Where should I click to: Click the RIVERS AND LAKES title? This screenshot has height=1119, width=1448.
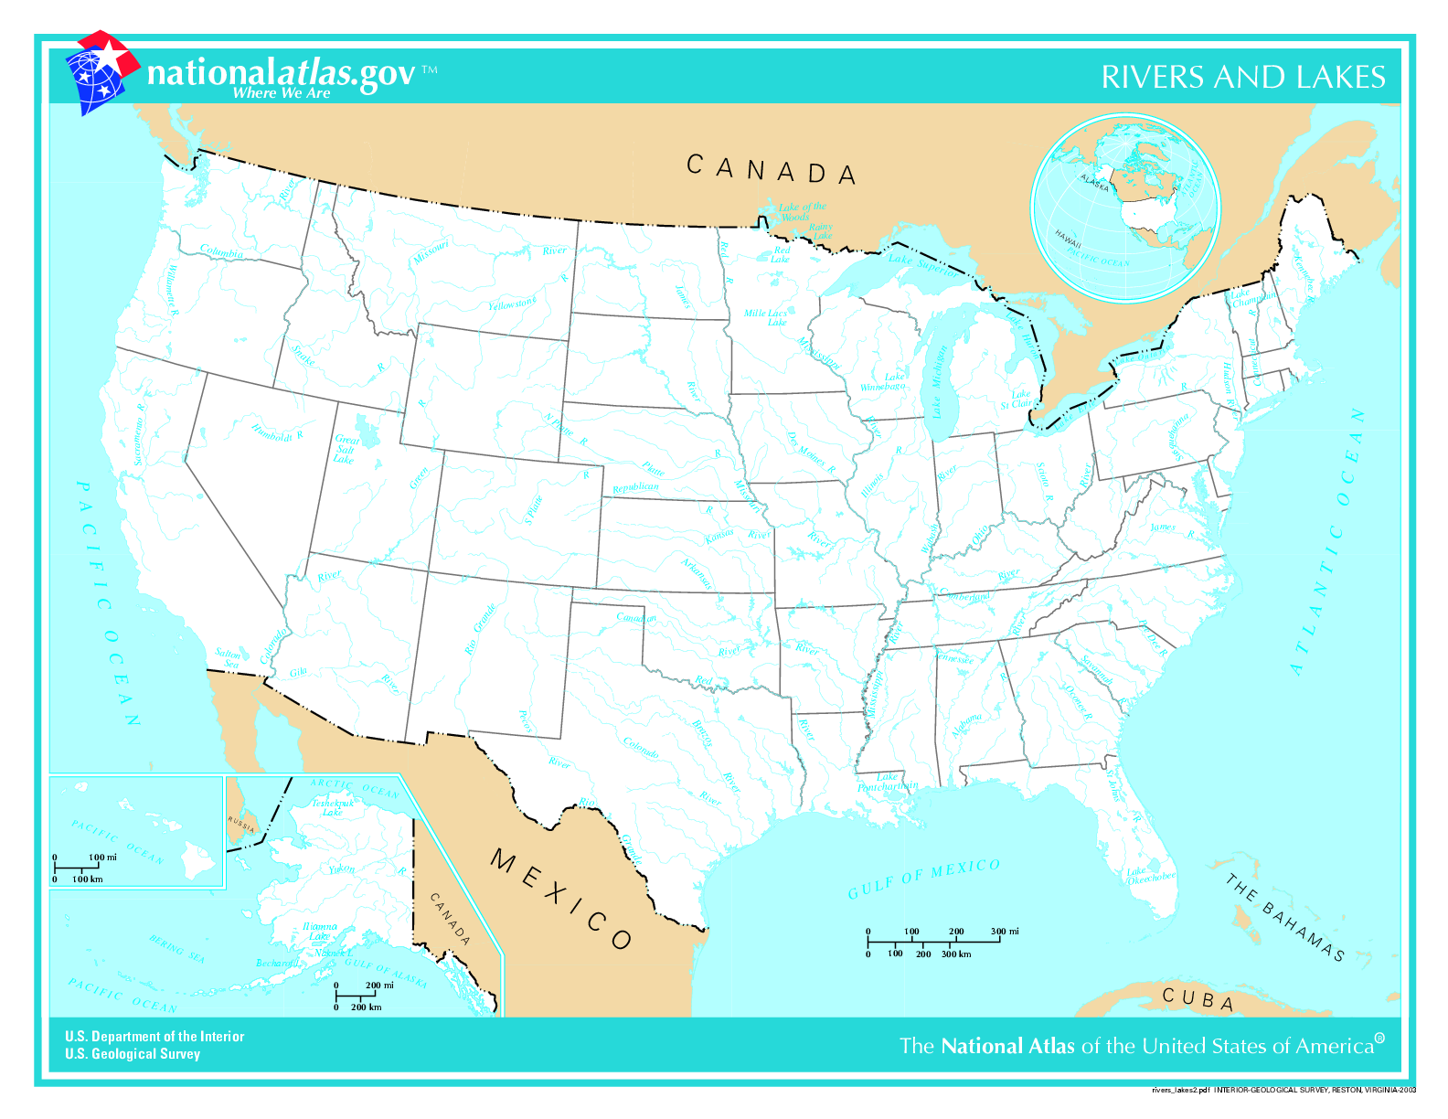(1242, 77)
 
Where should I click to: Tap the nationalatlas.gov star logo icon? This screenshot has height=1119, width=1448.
(100, 73)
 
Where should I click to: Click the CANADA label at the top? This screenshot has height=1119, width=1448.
(771, 170)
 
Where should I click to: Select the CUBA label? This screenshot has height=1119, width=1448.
(1198, 998)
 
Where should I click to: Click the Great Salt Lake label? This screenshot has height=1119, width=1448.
(346, 449)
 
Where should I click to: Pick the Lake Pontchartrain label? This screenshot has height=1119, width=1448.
(887, 782)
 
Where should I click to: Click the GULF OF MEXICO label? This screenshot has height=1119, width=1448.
(923, 879)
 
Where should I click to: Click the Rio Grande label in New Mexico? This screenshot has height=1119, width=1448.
(481, 629)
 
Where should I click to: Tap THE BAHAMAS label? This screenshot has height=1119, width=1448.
(1285, 918)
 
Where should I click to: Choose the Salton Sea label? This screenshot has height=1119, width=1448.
(229, 658)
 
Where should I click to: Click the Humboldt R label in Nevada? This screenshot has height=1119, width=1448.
(276, 432)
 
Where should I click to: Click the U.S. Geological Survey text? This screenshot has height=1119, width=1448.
(132, 1054)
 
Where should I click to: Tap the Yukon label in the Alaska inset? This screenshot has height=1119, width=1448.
(341, 869)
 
